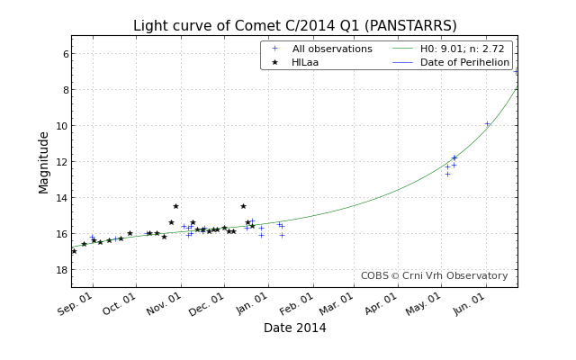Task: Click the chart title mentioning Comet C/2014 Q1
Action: [x=294, y=26]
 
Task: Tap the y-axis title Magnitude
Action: [x=44, y=162]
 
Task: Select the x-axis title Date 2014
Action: [x=294, y=328]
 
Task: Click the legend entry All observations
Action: [x=331, y=49]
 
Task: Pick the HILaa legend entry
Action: [x=305, y=62]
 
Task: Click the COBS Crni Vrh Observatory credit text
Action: [x=434, y=276]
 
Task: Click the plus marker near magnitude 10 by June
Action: [x=487, y=124]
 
